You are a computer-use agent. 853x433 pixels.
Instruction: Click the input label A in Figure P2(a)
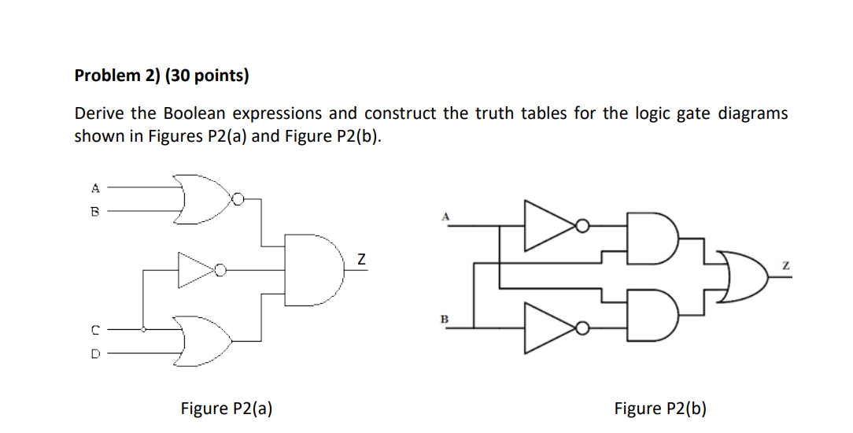click(x=95, y=188)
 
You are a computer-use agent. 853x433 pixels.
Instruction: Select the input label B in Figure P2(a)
click(x=95, y=211)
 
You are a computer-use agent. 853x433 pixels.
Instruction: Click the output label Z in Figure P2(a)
click(x=361, y=258)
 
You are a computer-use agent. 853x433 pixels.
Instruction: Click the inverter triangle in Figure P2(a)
click(x=196, y=270)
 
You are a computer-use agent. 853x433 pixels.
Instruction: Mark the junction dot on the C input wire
click(x=142, y=330)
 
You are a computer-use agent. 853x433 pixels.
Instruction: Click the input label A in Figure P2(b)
click(x=445, y=215)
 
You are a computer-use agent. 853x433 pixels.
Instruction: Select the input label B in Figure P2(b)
click(x=444, y=319)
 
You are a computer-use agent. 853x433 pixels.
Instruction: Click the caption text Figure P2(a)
click(x=227, y=408)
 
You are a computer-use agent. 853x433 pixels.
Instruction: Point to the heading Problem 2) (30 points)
click(x=161, y=76)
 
